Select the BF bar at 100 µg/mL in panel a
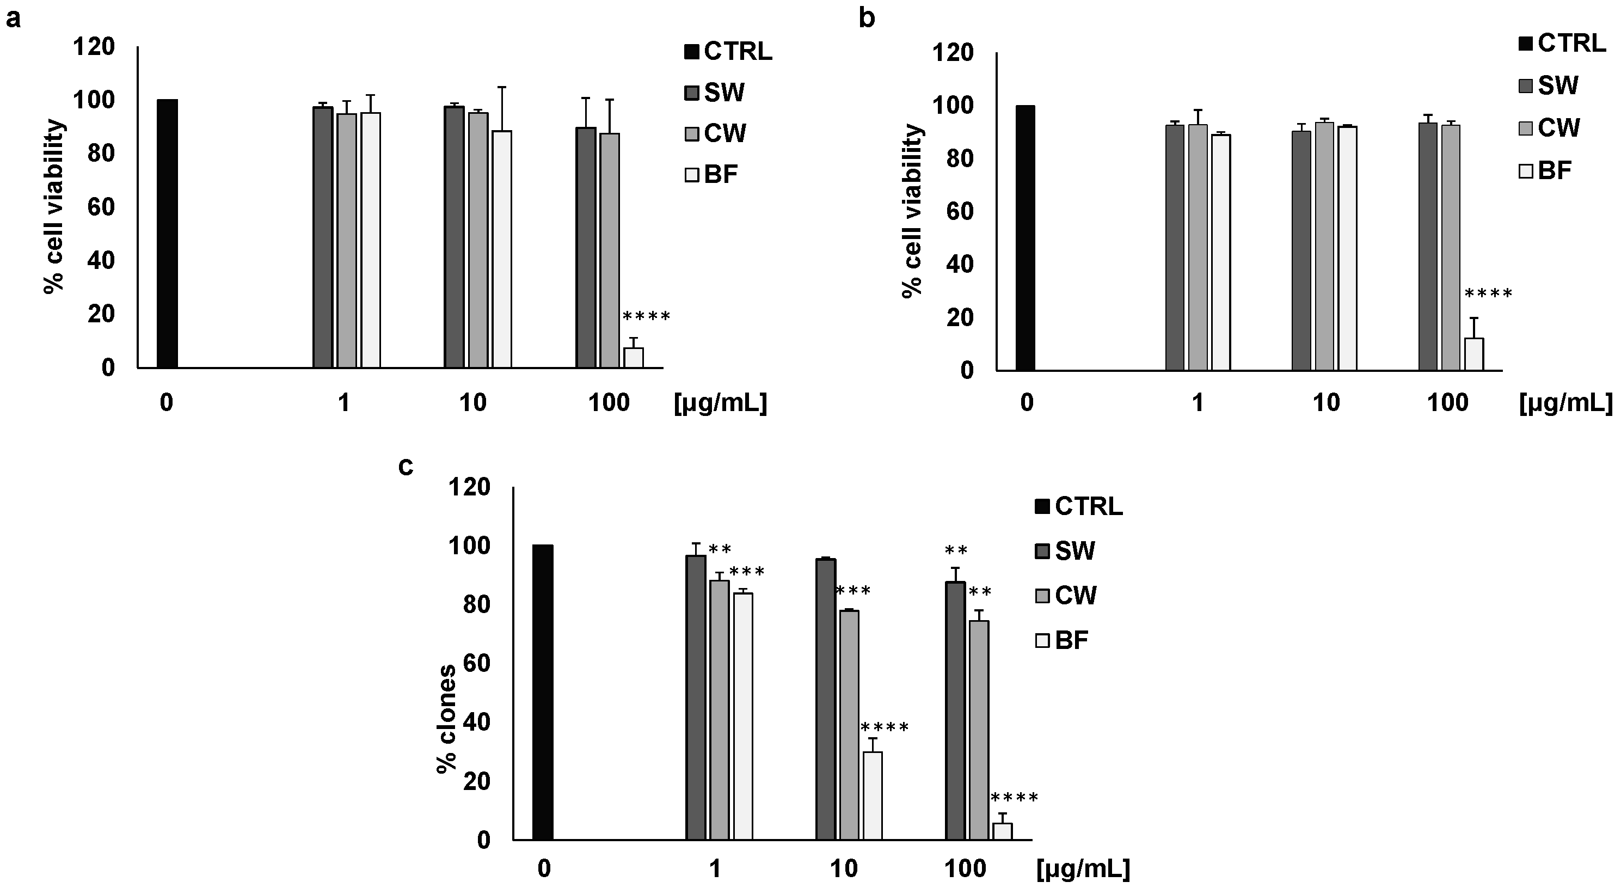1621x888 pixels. point(633,358)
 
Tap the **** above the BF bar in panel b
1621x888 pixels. point(1488,294)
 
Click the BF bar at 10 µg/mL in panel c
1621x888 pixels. point(872,795)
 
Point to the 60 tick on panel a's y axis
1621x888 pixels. point(101,207)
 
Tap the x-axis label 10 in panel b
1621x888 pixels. point(1326,403)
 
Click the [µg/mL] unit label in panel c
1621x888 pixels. point(1082,869)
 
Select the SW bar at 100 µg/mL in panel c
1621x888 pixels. point(955,711)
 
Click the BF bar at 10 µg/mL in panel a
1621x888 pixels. point(501,249)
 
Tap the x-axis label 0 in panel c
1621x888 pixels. point(544,869)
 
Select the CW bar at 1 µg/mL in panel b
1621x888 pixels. point(1198,247)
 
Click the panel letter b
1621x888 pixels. point(867,19)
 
